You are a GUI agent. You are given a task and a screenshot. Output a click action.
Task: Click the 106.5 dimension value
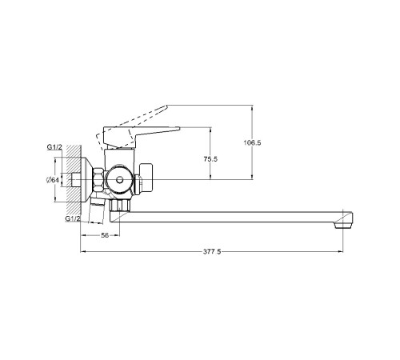click(x=252, y=142)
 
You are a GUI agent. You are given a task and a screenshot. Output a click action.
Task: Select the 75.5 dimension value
click(x=210, y=159)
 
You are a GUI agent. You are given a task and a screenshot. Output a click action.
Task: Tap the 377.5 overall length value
click(x=212, y=251)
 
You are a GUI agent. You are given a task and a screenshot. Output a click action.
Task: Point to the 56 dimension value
click(x=105, y=235)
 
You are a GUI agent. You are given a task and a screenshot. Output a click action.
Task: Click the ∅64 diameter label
click(x=53, y=180)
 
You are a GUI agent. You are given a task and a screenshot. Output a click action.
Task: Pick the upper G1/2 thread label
click(x=54, y=147)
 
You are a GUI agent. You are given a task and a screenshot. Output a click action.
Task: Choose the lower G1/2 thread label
click(x=73, y=218)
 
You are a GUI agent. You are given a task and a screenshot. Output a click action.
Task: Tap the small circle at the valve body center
click(x=120, y=180)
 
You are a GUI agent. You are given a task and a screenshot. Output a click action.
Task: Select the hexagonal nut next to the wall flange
click(x=98, y=179)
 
